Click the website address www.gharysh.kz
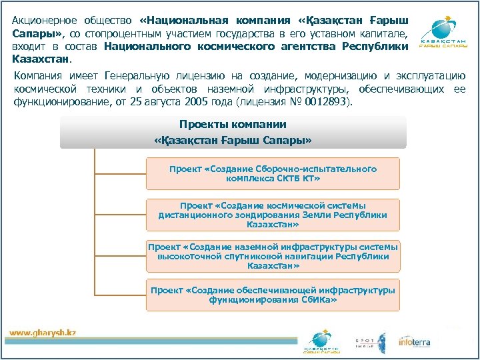pos(43,333)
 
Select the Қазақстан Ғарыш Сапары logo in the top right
pos(442,33)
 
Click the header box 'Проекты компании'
pos(233,132)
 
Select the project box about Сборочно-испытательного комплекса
pos(273,174)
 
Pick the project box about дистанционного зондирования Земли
pos(273,215)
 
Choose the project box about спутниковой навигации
pos(273,256)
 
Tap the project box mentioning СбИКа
pos(273,295)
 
